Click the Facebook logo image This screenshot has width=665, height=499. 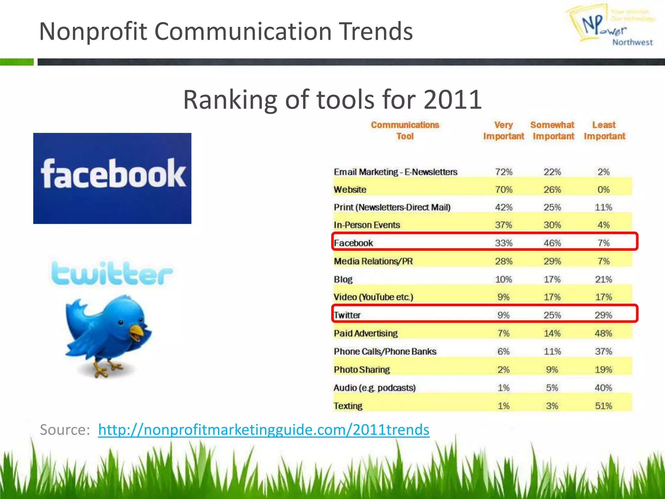point(112,178)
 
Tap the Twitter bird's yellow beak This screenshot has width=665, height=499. point(137,332)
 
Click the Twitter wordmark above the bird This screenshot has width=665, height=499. point(112,273)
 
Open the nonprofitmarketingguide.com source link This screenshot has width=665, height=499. point(264,429)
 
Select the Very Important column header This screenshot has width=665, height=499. point(503,131)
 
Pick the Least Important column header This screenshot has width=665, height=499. point(604,131)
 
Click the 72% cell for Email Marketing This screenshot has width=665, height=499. point(503,172)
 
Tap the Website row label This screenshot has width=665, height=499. point(350,189)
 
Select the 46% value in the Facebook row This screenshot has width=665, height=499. point(552,243)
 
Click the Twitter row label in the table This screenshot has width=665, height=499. point(347,315)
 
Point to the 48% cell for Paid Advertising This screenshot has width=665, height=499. point(603,333)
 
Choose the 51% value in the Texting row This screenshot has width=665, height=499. point(603,406)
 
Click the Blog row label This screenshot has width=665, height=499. point(343,279)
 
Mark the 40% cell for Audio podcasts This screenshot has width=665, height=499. point(603,388)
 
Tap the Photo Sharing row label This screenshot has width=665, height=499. point(362,370)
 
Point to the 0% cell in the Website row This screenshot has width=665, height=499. point(603,189)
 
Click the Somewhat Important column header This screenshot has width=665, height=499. point(553,131)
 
